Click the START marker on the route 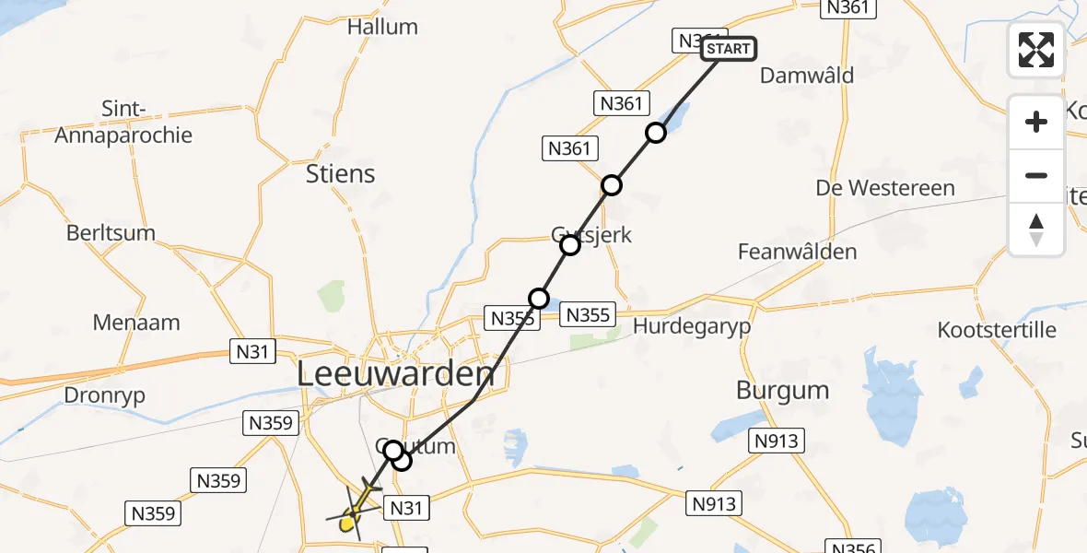(x=729, y=49)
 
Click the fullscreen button (x=1036, y=49)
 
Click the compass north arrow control (x=1036, y=229)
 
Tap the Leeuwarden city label (x=395, y=374)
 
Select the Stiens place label (x=341, y=173)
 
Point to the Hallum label (x=382, y=27)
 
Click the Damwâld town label (x=807, y=76)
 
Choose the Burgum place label (x=782, y=390)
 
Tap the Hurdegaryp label (x=691, y=326)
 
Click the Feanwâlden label (x=797, y=252)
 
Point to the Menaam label (x=136, y=324)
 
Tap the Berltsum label (x=111, y=233)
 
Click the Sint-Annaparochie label (x=123, y=123)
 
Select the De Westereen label (x=885, y=188)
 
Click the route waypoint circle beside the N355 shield (x=539, y=299)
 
